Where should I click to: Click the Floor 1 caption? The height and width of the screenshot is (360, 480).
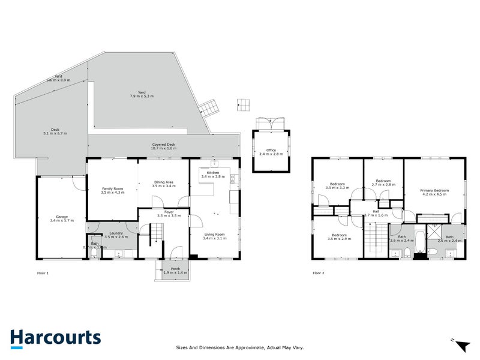[43, 273]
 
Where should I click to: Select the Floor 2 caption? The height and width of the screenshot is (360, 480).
[319, 273]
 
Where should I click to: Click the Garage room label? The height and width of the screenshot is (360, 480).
[61, 218]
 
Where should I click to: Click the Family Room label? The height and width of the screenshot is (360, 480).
[113, 190]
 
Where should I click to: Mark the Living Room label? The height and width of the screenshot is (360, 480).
[214, 236]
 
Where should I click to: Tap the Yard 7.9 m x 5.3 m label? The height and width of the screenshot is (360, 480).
[142, 94]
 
